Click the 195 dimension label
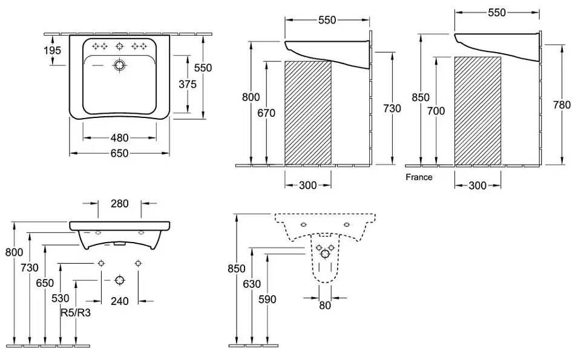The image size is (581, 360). tap(53, 51)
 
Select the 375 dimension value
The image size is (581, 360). tap(187, 84)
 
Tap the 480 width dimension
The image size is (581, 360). tap(119, 137)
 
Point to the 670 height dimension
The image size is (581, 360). tap(266, 113)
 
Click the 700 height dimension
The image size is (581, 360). tap(435, 111)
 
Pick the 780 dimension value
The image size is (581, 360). tap(562, 105)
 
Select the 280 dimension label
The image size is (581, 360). tap(119, 203)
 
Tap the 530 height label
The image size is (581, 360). tap(61, 299)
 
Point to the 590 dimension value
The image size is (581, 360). tap(267, 299)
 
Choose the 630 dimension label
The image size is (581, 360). tap(252, 284)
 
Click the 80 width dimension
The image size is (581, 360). tap(325, 306)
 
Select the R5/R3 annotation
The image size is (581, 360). tap(76, 313)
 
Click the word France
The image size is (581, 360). tap(419, 177)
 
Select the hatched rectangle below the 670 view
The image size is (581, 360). tap(308, 112)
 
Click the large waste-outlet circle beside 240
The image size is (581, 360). tap(119, 280)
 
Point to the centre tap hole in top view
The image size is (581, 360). tap(120, 45)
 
